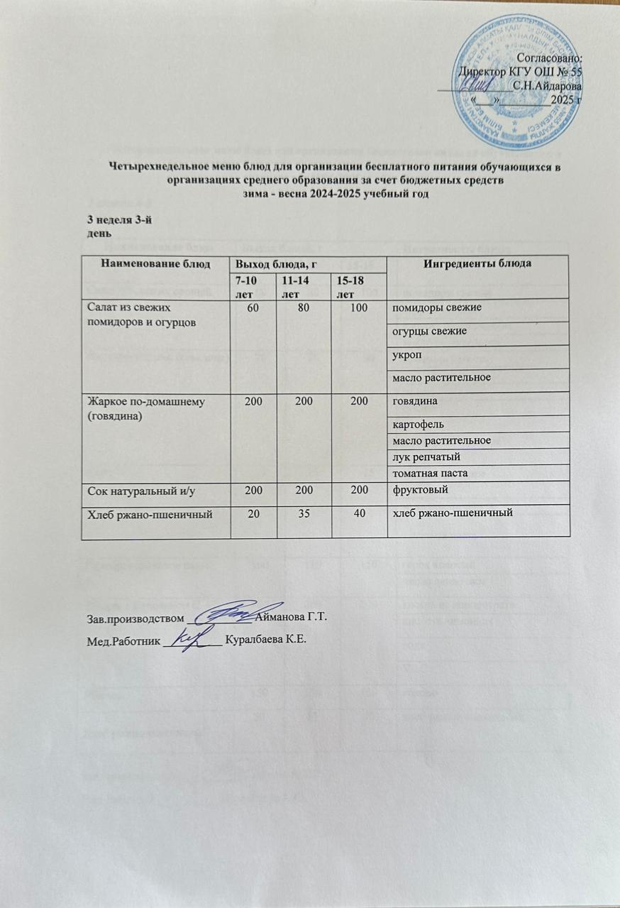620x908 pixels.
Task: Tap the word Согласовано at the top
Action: coord(550,58)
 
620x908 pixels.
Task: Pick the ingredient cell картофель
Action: coord(414,425)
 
